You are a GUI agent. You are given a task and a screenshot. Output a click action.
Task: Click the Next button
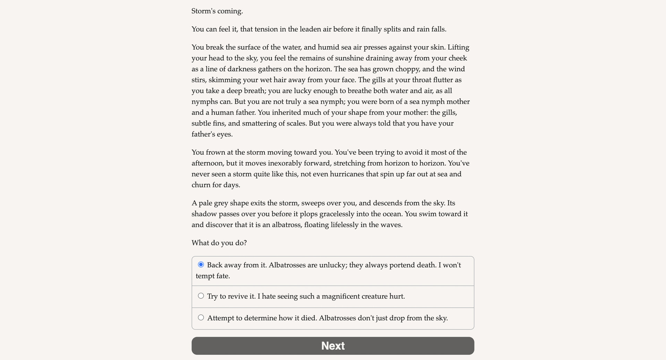333,346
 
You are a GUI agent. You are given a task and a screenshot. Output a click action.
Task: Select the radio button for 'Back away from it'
201,265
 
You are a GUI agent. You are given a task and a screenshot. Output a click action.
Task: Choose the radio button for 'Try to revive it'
201,296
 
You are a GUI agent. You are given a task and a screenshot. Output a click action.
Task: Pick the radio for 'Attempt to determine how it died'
201,317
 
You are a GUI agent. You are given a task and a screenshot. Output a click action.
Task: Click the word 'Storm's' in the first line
203,11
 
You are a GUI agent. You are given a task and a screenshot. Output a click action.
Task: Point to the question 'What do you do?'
219,243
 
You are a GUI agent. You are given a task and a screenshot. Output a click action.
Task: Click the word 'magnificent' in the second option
341,297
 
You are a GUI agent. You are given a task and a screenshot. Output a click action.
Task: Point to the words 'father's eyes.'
212,134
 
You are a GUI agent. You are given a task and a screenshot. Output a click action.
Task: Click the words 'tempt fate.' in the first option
213,276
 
